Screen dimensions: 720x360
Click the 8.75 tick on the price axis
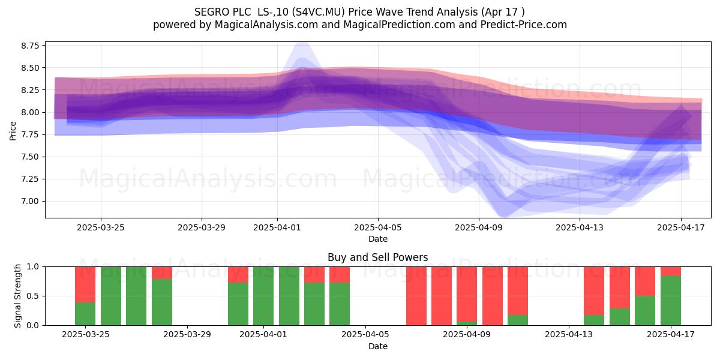[x=30, y=46]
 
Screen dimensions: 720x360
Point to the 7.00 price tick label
[x=30, y=202]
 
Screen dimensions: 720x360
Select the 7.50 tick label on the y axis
[x=30, y=157]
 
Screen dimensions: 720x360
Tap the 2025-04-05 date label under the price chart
[x=378, y=227]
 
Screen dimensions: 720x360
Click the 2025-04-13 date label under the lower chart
[x=569, y=334]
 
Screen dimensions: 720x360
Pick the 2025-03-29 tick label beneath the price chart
[x=202, y=227]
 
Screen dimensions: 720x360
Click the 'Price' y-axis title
[x=13, y=131]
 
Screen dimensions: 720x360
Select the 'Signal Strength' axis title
[x=17, y=296]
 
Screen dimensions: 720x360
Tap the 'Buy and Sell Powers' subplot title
[x=377, y=257]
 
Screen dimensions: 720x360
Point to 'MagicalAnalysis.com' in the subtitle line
[x=266, y=25]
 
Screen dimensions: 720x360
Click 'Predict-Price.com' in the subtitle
[x=524, y=25]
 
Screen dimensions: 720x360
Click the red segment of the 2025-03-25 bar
[x=85, y=284]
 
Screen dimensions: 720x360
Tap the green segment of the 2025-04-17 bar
[x=671, y=301]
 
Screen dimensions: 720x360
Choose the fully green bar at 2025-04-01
[x=263, y=296]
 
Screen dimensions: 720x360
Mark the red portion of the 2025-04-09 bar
[x=467, y=294]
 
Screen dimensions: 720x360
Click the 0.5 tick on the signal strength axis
[x=33, y=296]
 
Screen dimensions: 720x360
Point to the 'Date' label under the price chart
[x=378, y=239]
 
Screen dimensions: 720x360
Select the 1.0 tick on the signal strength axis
[x=33, y=267]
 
